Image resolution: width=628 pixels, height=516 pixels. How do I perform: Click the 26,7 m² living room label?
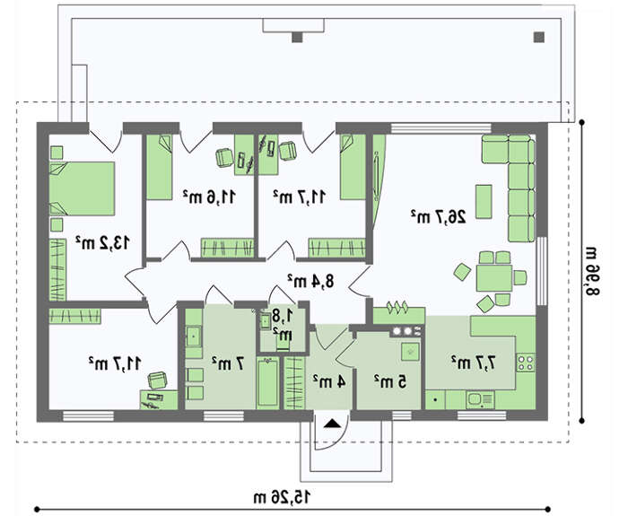coord(438,217)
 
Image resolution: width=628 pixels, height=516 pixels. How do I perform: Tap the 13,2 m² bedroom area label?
coord(102,242)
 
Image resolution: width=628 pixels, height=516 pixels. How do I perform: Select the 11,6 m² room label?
coord(209,197)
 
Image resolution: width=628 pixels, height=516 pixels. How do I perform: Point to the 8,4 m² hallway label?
coord(310,281)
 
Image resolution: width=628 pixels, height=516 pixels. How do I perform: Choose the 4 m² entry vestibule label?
coord(329,381)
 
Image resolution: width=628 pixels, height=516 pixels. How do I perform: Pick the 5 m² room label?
coord(390,381)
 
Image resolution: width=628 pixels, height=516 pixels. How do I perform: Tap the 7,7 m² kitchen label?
coord(474,363)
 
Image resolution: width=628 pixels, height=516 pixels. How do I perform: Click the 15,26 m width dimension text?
coord(282,497)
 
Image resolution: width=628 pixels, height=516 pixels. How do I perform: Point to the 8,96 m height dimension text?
coord(592,271)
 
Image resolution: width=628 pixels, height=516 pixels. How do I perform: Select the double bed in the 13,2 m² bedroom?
coord(83,188)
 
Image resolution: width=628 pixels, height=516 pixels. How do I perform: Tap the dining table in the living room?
coord(494,277)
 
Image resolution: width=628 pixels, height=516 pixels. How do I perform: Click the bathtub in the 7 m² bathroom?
coord(267,382)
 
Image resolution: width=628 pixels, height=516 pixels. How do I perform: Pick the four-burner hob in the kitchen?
coord(526,363)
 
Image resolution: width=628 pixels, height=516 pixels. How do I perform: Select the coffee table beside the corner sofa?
coord(484,202)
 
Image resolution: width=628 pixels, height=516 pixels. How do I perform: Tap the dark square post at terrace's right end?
coord(539,38)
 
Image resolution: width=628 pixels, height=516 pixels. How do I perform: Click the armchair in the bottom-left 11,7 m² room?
coord(158,380)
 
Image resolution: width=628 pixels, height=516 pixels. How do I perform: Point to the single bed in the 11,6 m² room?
coord(159,167)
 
